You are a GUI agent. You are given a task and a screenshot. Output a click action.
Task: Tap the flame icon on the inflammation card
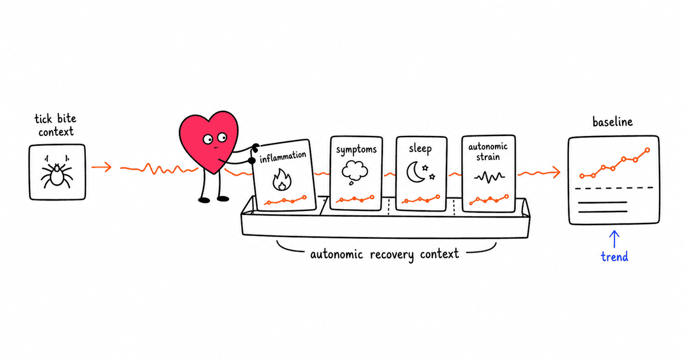(282, 179)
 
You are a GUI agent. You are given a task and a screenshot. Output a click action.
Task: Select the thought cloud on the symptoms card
(354, 173)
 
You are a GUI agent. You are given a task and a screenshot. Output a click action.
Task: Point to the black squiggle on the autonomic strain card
(489, 177)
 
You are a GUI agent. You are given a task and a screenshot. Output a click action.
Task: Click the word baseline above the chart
(612, 122)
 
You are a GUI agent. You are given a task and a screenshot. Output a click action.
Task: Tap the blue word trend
(615, 257)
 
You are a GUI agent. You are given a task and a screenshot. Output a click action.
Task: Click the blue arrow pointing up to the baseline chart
(615, 239)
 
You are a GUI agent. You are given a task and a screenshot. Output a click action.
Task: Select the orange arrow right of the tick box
(101, 167)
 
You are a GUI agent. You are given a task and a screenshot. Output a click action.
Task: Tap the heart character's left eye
(208, 139)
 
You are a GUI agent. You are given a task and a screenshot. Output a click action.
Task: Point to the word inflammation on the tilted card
(282, 157)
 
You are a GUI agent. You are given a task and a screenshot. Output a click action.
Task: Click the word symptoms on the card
(356, 150)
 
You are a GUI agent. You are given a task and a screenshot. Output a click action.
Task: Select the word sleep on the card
(420, 149)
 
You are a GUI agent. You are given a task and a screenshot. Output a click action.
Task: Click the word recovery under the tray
(392, 255)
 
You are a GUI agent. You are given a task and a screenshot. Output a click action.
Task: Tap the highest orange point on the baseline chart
(647, 150)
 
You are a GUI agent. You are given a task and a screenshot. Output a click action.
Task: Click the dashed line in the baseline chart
(614, 188)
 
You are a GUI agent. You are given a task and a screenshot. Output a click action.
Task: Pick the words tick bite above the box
(55, 119)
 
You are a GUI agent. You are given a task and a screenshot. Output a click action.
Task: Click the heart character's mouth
(216, 148)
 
